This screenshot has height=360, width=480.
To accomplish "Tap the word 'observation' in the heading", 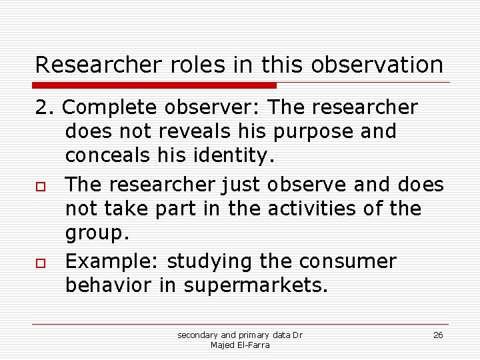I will [x=377, y=65].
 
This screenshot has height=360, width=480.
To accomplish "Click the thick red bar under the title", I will [x=155, y=85].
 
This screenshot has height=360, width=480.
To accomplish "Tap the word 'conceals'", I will [x=108, y=156].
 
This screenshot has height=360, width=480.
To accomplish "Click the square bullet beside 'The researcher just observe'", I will [x=40, y=184].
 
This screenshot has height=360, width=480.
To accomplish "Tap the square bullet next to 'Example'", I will [x=40, y=262].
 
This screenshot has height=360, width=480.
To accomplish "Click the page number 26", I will [x=438, y=335].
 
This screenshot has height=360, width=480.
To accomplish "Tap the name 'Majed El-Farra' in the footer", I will [x=240, y=345].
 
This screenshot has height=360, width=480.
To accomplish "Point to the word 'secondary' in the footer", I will [x=197, y=335].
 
